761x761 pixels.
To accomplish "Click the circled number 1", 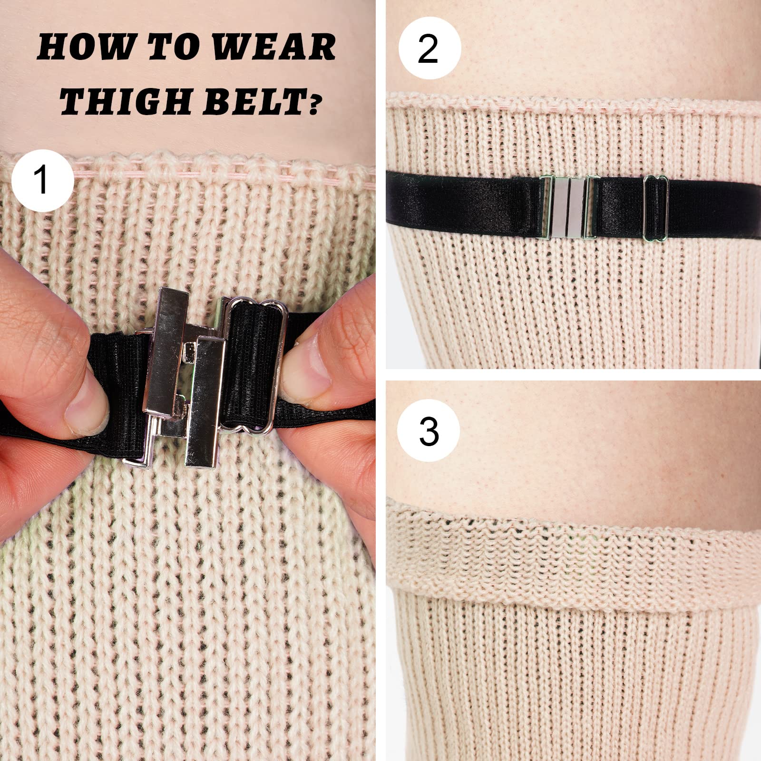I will [x=42, y=180].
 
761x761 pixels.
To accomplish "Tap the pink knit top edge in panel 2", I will [x=571, y=101].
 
